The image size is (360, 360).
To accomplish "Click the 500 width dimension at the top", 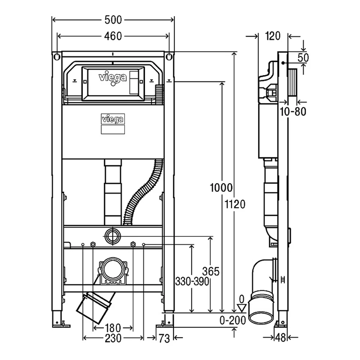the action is click(113, 20).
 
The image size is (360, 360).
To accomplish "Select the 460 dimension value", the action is click(113, 36).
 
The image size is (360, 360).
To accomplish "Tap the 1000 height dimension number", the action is click(221, 188).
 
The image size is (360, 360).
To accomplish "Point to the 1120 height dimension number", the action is click(235, 204).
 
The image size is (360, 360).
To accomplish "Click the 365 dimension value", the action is click(211, 271).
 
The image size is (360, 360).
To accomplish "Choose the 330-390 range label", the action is click(192, 281).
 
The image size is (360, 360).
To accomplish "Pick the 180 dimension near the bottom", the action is click(113, 328).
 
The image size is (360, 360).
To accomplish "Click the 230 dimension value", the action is click(113, 338).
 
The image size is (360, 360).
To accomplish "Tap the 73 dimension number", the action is click(164, 338).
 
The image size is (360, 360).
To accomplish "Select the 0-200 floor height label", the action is click(233, 320).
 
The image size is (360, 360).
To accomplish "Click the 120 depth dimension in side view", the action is click(273, 36).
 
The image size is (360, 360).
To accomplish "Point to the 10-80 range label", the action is click(293, 112).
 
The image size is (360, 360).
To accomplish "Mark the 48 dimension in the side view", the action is click(280, 338).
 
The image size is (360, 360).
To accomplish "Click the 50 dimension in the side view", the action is click(303, 58).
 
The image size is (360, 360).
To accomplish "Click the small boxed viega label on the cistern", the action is click(113, 119).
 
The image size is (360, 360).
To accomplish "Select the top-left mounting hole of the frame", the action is click(57, 57).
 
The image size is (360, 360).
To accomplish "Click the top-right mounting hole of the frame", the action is click(169, 57).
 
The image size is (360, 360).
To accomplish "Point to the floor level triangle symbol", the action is click(242, 308).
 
